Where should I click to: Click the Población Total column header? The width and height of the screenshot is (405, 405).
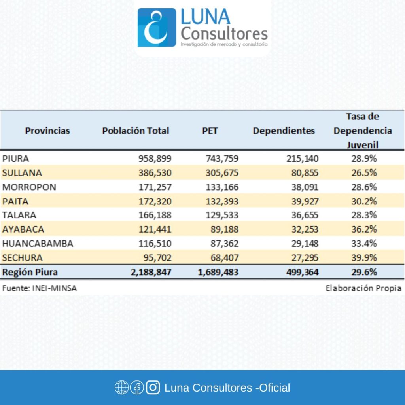(x=136, y=131)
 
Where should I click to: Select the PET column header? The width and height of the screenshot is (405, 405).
(x=210, y=131)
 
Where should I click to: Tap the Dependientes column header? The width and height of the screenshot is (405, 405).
(x=284, y=131)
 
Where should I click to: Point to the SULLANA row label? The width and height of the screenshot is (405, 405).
(x=22, y=173)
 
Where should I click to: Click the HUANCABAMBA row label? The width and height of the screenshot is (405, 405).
(x=38, y=243)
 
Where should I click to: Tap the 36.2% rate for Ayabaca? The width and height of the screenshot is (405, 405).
(x=364, y=229)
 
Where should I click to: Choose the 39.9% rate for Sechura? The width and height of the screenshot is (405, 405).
(x=364, y=258)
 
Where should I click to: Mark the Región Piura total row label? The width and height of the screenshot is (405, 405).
(x=30, y=272)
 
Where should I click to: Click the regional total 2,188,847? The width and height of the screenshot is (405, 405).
(x=151, y=272)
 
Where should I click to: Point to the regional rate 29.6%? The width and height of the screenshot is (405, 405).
(x=364, y=272)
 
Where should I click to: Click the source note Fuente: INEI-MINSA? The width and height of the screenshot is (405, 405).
(x=39, y=288)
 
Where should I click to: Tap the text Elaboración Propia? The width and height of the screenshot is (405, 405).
(x=363, y=288)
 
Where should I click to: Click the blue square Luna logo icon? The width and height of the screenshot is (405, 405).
(x=157, y=28)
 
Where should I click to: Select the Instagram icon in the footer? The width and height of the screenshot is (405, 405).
(x=153, y=388)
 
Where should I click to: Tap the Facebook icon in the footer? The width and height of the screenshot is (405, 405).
(x=137, y=388)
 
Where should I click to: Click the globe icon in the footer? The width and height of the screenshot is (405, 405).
(x=121, y=388)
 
